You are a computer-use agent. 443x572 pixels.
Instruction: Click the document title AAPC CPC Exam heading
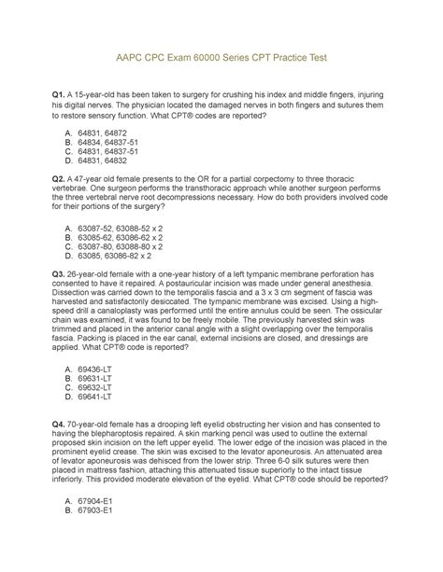click(221, 58)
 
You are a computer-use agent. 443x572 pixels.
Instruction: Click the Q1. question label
click(63, 99)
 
